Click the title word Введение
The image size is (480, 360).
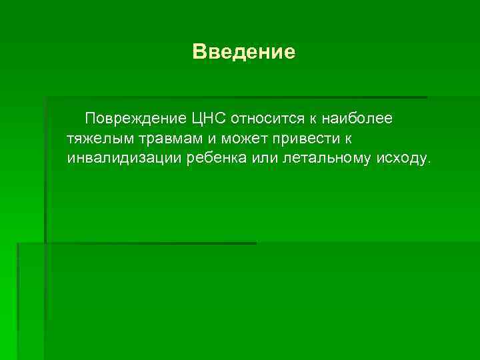coord(243,51)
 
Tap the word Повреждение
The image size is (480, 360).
coord(135,119)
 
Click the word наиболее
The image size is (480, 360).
coord(357,119)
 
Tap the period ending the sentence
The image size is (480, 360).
coord(430,162)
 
